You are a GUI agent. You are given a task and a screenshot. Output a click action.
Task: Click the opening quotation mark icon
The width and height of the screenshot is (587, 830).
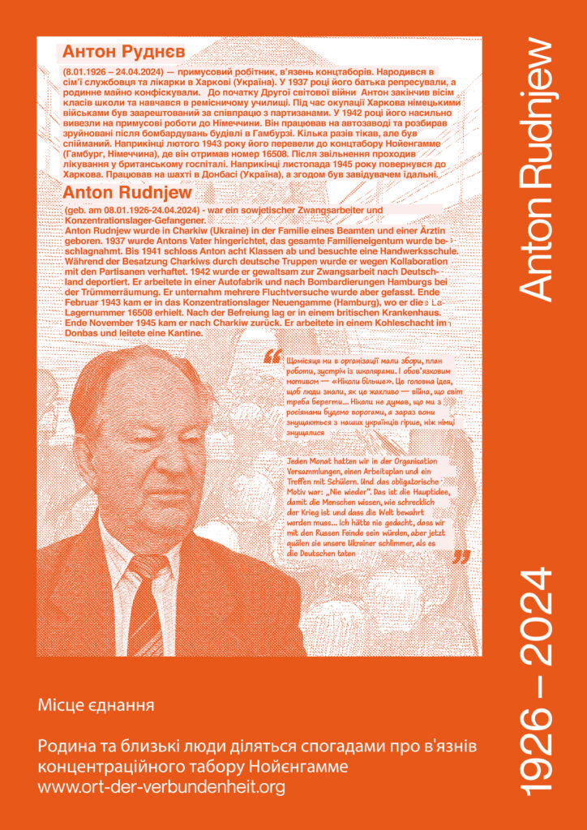point(272,355)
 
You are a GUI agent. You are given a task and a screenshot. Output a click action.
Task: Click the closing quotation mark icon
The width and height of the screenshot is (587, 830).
point(461,557)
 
